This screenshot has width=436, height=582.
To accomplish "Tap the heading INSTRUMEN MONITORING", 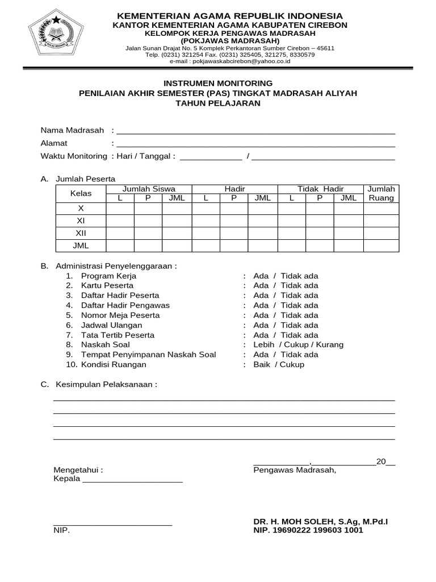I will click(x=218, y=83).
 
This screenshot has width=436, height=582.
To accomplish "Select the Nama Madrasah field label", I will click(x=72, y=130).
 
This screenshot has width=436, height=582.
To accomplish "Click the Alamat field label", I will click(x=54, y=143).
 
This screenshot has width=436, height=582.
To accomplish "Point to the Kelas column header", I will click(x=81, y=193).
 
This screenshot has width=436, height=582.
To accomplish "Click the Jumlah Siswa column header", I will click(x=149, y=189).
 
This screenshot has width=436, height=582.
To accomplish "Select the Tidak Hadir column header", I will click(x=320, y=189).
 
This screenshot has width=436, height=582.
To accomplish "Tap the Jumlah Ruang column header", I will click(x=381, y=193).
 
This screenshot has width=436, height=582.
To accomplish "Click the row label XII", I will click(x=81, y=233).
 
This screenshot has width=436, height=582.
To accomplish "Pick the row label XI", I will click(x=81, y=221).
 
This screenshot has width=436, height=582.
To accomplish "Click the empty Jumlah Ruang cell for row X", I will click(x=381, y=209).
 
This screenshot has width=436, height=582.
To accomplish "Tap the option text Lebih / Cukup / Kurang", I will click(x=298, y=344).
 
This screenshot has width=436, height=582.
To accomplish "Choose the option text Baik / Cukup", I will click(x=279, y=364).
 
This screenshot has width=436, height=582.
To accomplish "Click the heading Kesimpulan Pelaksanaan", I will click(x=106, y=384).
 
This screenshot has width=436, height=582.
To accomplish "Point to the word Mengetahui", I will click(x=78, y=470).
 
